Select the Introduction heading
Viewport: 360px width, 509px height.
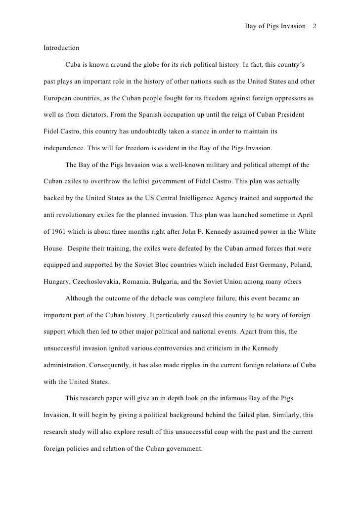pos(61,48)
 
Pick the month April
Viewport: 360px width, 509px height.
pos(306,215)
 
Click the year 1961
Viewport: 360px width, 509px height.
pos(62,232)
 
